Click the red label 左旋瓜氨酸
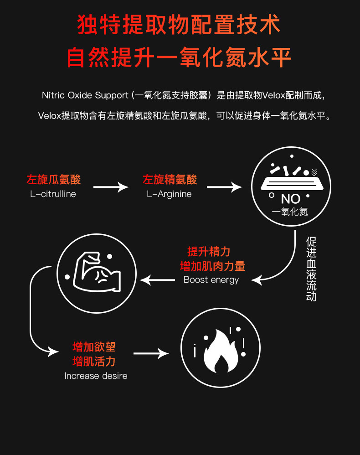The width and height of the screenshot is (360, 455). tap(53, 180)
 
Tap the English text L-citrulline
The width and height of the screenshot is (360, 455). tap(53, 194)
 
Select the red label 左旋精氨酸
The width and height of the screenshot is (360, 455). tap(170, 180)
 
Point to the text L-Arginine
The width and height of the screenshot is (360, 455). tap(169, 194)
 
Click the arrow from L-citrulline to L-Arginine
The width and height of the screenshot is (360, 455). tap(111, 186)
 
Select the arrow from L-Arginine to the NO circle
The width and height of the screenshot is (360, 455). tap(224, 186)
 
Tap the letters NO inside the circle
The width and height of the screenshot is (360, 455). tap(290, 199)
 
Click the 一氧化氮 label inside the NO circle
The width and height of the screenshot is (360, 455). tap(290, 212)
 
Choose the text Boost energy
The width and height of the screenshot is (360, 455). tap(211, 280)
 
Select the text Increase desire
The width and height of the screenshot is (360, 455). tap(96, 376)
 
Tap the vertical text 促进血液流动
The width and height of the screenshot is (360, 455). tap(312, 269)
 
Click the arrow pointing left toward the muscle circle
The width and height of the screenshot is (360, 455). tap(158, 279)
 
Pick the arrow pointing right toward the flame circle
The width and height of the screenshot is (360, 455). tap(151, 353)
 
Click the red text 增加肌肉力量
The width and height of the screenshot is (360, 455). tap(212, 266)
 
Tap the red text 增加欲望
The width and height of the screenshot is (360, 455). tap(94, 347)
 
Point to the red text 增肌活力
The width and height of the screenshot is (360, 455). tap(94, 362)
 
